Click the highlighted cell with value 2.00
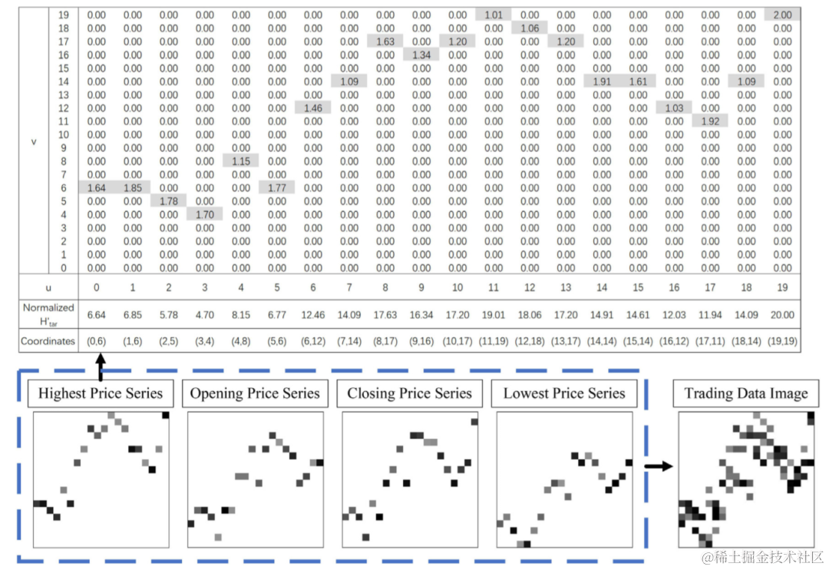[x=782, y=15]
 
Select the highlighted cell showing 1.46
[x=313, y=108]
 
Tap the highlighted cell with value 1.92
[x=710, y=121]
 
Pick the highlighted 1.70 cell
[x=205, y=214]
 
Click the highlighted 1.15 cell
[x=241, y=161]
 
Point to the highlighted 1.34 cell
[x=421, y=55]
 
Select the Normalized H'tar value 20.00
[x=782, y=314]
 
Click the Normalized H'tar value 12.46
[x=313, y=314]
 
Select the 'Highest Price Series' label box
[x=101, y=393]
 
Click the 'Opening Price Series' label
[x=255, y=393]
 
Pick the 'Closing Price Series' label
[x=409, y=393]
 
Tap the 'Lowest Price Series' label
[x=564, y=393]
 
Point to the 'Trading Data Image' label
[x=746, y=394]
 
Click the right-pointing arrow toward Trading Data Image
[x=657, y=466]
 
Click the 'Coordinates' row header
[x=48, y=341]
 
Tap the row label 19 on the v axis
[x=64, y=15]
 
